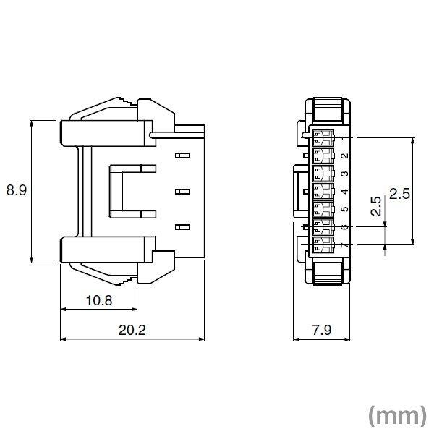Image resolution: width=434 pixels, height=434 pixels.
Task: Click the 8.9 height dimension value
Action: pyautogui.click(x=16, y=191)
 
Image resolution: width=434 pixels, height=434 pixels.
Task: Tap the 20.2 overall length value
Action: pyautogui.click(x=132, y=330)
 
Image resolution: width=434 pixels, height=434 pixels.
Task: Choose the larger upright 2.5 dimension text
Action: pyautogui.click(x=400, y=193)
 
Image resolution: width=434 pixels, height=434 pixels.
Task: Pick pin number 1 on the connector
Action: pyautogui.click(x=344, y=137)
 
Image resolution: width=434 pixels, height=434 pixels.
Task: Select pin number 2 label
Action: pyautogui.click(x=344, y=156)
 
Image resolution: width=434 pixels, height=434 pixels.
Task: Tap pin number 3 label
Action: pyautogui.click(x=344, y=174)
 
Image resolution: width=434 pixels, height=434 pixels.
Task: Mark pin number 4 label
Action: pyautogui.click(x=344, y=192)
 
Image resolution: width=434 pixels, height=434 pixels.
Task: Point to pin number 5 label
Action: pyautogui.click(x=344, y=210)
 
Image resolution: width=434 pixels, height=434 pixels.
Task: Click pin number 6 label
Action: pyautogui.click(x=344, y=228)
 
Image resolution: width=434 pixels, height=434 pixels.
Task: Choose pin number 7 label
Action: pyautogui.click(x=344, y=246)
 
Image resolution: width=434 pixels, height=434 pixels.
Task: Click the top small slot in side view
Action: pyautogui.click(x=182, y=155)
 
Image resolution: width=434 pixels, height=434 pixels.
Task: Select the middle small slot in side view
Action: pyautogui.click(x=182, y=192)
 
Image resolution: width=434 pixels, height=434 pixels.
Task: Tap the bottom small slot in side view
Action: pyautogui.click(x=182, y=228)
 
